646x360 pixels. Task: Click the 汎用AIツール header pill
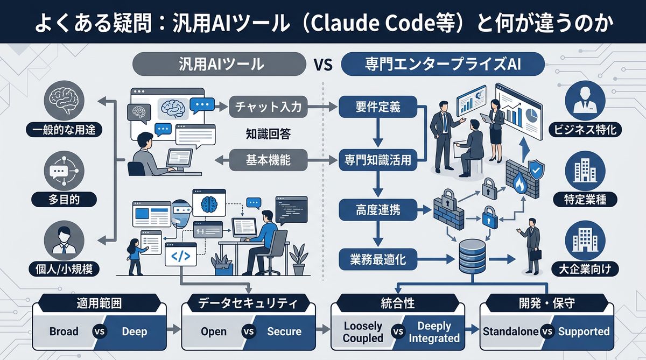[x=221, y=65]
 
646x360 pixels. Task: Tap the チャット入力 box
[x=271, y=106]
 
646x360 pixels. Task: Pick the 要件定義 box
[x=378, y=106]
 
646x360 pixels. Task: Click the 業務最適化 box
[x=378, y=260]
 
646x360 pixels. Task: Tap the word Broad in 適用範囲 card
[x=64, y=331]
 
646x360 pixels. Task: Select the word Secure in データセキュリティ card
[x=284, y=331]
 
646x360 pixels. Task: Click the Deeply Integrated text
[x=434, y=331]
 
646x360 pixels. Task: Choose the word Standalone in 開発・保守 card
[x=510, y=331]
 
